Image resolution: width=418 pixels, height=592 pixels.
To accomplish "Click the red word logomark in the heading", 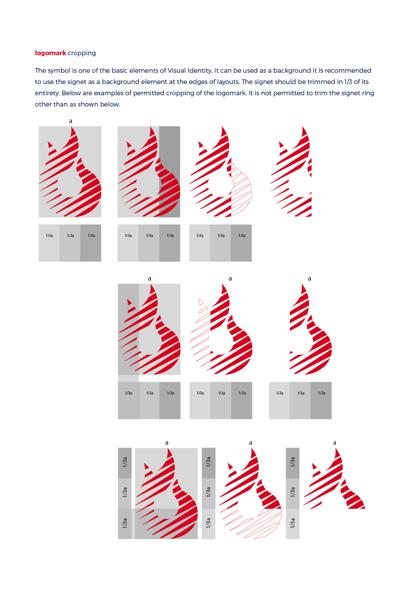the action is tap(51, 53).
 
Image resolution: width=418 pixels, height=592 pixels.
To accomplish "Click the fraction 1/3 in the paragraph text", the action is tap(348, 82).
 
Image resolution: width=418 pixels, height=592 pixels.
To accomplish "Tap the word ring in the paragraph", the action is tap(369, 94).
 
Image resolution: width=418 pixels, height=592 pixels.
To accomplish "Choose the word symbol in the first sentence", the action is tap(60, 71).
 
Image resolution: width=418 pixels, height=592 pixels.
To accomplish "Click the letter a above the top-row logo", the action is tap(71, 121).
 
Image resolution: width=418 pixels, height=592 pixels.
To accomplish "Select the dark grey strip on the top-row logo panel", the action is tap(170, 172).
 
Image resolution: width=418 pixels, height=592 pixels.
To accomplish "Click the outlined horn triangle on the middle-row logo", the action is tap(201, 302).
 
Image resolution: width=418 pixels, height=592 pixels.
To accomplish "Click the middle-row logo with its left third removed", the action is tap(311, 329).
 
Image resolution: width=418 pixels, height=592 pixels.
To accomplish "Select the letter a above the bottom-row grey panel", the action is tap(166, 443).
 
